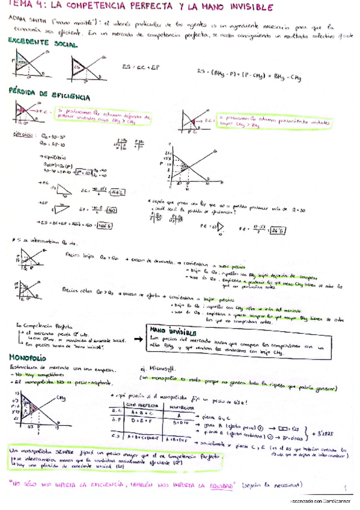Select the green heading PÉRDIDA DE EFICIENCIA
49,96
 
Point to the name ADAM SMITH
22,20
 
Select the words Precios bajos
81,254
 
